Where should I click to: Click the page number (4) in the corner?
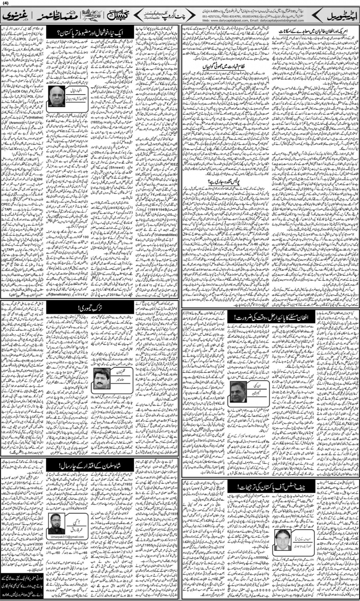tap(5, 4)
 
